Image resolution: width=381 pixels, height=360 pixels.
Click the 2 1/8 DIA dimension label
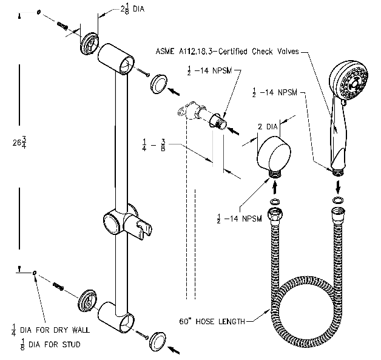click(124, 10)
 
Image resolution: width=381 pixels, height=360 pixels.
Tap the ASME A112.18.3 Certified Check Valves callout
click(234, 53)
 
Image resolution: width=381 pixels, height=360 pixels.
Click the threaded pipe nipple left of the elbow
click(220, 124)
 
